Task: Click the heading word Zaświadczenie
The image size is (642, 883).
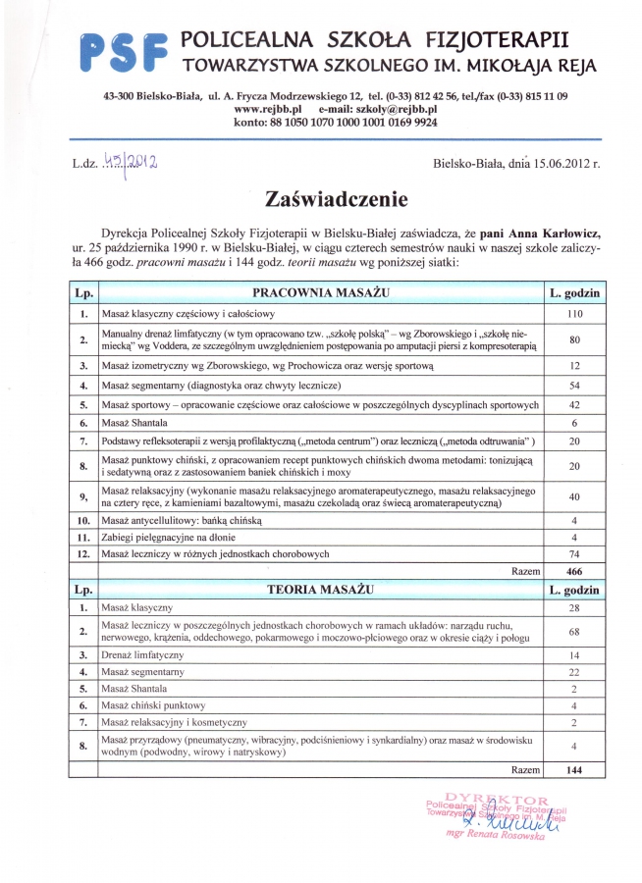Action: pyautogui.click(x=321, y=199)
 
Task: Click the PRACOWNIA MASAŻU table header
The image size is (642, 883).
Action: pyautogui.click(x=321, y=293)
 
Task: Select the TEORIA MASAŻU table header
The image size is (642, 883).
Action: pyautogui.click(x=321, y=590)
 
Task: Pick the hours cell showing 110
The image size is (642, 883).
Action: pyautogui.click(x=574, y=314)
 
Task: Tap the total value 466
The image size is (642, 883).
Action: pyautogui.click(x=574, y=570)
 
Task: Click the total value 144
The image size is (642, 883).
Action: pyautogui.click(x=574, y=771)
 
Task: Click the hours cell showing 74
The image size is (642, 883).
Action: pyautogui.click(x=574, y=553)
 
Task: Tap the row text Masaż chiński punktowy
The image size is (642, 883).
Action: pyautogui.click(x=153, y=705)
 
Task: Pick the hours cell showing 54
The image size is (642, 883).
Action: pyautogui.click(x=574, y=386)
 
